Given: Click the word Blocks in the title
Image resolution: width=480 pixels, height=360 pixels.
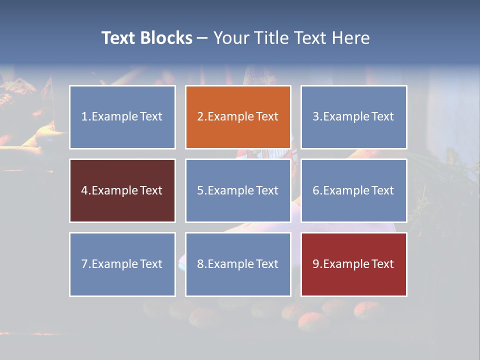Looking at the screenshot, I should [x=166, y=38].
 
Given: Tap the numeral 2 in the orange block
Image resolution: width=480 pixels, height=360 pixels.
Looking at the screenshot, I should [x=200, y=117].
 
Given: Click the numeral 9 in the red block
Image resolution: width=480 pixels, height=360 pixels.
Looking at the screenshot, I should [x=316, y=264].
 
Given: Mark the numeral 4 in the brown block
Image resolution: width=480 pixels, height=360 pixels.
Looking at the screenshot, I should [x=84, y=191].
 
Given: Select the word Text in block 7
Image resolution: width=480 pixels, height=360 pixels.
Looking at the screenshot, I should [x=151, y=264].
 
